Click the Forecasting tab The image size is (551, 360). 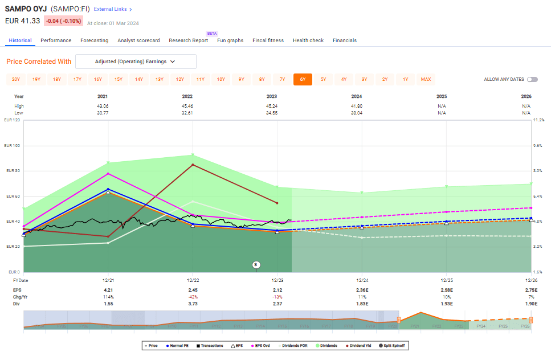coord(94,40)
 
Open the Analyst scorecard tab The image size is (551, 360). coord(138,40)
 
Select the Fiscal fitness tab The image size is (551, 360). coord(268,40)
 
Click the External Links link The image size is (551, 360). coord(112,9)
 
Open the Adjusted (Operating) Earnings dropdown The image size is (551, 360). coord(136,62)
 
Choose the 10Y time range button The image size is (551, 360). coord(221,80)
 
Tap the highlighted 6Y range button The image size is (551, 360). coord(303,80)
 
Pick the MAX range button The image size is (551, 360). coord(426,80)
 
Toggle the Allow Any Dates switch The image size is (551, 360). coord(532,80)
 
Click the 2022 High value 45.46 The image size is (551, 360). coord(193,106)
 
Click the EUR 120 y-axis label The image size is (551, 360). coord(12,120)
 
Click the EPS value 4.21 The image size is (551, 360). coord(108,291)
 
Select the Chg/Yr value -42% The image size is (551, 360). coord(193,297)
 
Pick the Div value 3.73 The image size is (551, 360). coord(193,304)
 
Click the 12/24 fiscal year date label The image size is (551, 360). coord(361,280)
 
